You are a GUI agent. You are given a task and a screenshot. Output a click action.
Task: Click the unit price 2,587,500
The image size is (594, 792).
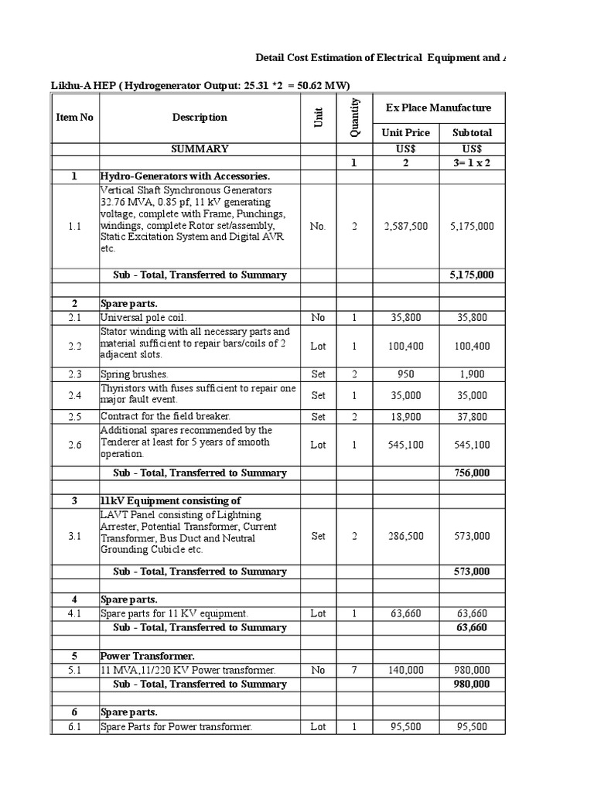click(405, 227)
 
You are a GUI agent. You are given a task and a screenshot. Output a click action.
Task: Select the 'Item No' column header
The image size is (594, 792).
click(74, 118)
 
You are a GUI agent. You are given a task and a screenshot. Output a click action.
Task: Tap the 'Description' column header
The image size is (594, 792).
click(200, 118)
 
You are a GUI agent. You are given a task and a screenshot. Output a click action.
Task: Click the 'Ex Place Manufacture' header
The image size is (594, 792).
click(438, 108)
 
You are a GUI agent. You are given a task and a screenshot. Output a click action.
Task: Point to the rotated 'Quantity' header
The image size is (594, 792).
click(354, 118)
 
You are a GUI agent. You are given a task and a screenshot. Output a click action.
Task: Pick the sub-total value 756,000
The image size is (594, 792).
click(471, 473)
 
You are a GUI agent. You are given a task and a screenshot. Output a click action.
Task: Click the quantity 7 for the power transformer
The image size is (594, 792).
click(354, 670)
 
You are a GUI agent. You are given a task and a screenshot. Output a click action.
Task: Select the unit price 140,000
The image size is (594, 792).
click(405, 670)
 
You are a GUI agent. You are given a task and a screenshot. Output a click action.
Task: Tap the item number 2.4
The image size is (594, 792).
click(74, 395)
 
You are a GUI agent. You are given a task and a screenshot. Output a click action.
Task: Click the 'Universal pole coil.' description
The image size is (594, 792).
click(144, 318)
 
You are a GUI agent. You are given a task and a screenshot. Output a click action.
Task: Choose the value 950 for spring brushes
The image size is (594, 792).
click(405, 374)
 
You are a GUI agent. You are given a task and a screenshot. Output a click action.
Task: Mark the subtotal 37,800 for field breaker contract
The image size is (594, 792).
click(471, 416)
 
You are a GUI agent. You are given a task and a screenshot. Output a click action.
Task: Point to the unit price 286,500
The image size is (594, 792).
click(405, 536)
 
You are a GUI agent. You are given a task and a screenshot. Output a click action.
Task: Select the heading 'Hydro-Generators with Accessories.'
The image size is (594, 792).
click(185, 176)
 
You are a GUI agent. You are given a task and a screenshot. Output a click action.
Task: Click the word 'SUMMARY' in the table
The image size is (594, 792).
click(200, 148)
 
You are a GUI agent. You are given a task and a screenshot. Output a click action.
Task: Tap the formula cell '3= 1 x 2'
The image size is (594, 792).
click(471, 163)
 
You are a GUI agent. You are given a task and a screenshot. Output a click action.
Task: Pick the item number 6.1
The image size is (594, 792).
click(74, 726)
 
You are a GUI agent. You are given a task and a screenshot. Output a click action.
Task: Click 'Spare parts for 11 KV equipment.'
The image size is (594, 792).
click(174, 613)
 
